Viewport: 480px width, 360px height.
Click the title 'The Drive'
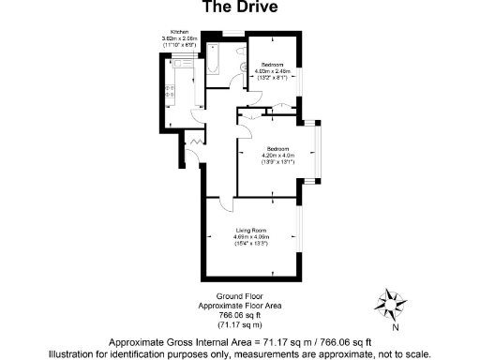tap(241, 8)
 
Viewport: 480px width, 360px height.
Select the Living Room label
tap(251, 231)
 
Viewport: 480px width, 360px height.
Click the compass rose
tap(388, 303)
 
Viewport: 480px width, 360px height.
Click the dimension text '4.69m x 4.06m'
tap(251, 237)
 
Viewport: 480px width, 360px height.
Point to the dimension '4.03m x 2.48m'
tap(274, 69)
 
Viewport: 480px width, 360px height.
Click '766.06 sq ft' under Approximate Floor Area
tap(240, 315)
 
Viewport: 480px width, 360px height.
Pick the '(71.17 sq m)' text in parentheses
tap(240, 323)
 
